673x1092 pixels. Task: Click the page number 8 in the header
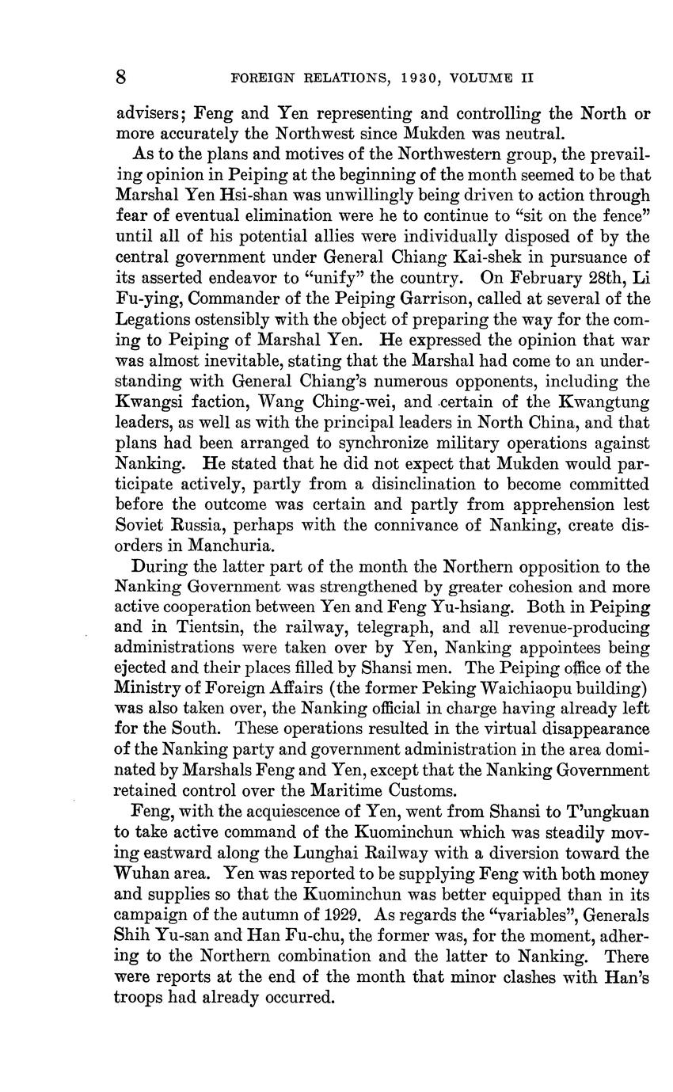(x=121, y=78)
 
